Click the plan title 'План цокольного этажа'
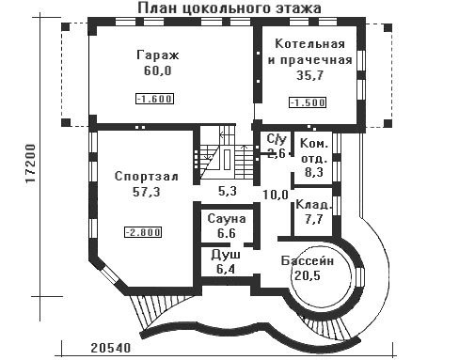tap(229, 8)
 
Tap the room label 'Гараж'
tap(158, 55)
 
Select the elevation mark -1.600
tap(154, 99)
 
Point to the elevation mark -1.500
tap(308, 102)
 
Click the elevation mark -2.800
tap(143, 232)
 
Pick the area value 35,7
tap(309, 75)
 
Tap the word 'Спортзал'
tap(147, 176)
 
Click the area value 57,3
tap(147, 192)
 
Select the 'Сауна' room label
tap(227, 218)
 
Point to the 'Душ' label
tap(226, 254)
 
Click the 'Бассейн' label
tap(308, 260)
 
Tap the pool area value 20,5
tap(308, 275)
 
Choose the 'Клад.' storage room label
tap(313, 205)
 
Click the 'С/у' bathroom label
tap(277, 138)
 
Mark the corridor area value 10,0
tap(276, 195)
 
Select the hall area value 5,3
tap(227, 191)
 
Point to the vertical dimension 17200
tap(31, 164)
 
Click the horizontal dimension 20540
tap(110, 348)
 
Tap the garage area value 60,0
tap(158, 70)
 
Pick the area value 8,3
tap(314, 172)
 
